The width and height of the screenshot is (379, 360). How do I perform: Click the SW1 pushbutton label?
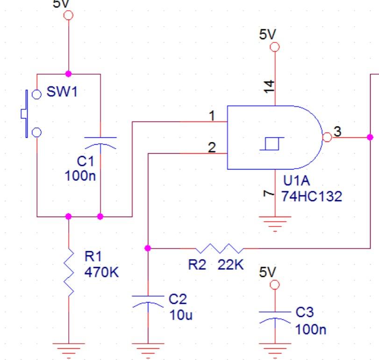61,92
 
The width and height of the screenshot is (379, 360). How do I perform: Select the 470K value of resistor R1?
101,273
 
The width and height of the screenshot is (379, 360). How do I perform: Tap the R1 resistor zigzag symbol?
69,272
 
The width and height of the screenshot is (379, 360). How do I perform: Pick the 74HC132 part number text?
311,197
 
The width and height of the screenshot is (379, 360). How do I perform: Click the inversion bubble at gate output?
327,137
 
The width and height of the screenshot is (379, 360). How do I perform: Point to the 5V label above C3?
268,272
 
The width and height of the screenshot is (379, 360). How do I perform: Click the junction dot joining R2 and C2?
148,248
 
